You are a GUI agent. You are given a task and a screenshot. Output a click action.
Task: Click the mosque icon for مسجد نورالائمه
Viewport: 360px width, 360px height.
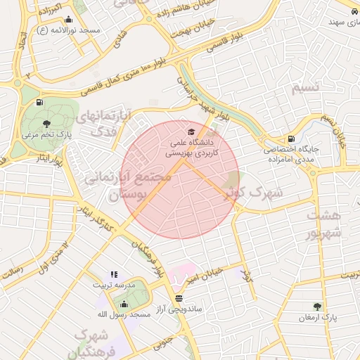68,20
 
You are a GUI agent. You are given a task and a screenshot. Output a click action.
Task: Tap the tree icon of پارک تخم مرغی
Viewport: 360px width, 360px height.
46,124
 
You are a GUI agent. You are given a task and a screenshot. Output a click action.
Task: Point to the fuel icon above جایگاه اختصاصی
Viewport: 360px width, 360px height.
291,139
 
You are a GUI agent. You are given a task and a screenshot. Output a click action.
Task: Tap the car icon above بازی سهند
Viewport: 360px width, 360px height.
351,11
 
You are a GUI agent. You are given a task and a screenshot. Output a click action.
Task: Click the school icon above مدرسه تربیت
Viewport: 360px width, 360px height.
114,275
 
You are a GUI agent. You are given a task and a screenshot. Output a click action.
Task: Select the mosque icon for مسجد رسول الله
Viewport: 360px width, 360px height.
124,304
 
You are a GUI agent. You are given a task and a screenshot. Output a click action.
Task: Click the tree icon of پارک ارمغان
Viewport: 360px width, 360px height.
317,307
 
